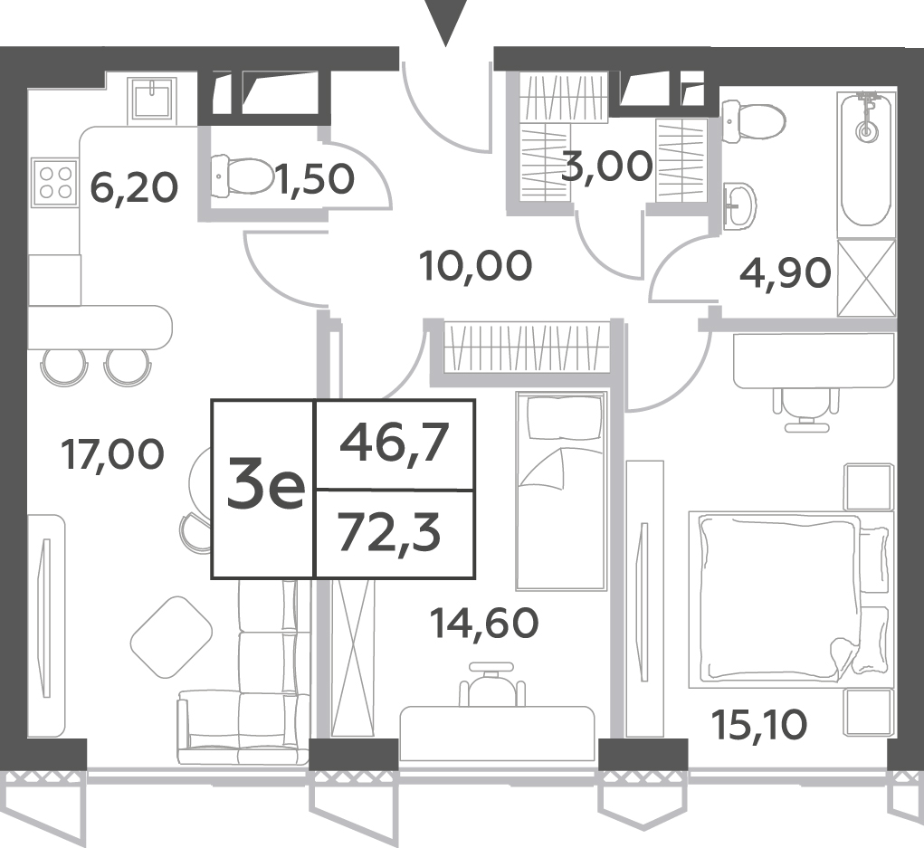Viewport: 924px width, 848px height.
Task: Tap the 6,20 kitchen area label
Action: click(134, 188)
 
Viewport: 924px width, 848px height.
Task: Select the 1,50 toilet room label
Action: click(316, 179)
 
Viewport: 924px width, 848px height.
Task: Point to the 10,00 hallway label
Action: click(475, 266)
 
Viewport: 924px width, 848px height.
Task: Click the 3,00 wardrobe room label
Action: click(607, 167)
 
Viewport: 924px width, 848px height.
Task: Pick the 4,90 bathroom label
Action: click(785, 272)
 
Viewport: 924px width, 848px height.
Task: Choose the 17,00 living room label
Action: click(112, 455)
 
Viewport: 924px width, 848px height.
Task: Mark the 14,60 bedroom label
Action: click(484, 624)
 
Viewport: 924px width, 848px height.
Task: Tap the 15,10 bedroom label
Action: click(759, 724)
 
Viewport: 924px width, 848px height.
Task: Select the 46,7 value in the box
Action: click(395, 444)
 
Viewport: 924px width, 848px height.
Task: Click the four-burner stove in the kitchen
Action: click(54, 182)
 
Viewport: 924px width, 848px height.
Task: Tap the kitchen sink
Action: click(152, 100)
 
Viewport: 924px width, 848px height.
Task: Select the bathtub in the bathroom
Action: click(865, 159)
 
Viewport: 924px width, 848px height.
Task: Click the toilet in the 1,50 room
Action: click(243, 176)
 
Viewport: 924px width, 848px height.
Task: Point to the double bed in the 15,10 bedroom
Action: click(790, 599)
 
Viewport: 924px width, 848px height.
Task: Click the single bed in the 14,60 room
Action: click(561, 491)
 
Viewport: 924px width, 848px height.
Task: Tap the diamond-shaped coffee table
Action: click(171, 637)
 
